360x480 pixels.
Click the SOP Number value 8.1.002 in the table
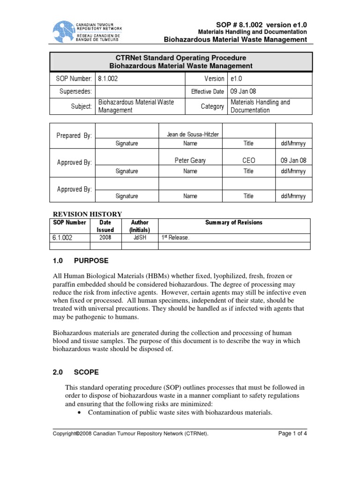point(107,79)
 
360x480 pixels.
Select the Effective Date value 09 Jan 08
point(243,91)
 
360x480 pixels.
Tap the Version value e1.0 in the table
point(235,79)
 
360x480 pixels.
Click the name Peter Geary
point(190,161)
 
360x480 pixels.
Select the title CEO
point(248,161)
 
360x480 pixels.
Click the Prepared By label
point(74,135)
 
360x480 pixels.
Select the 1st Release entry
point(175,238)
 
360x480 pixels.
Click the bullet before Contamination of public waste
point(78,412)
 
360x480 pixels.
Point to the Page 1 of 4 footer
point(292,434)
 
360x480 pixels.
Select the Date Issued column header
point(105,226)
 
